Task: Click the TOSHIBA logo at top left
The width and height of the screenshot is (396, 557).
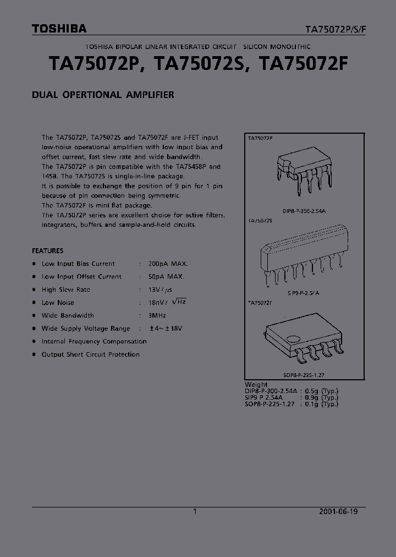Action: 59,29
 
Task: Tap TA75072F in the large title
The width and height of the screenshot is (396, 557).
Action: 303,65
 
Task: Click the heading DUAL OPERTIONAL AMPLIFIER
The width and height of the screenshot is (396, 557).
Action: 103,95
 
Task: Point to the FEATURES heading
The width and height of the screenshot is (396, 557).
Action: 47,250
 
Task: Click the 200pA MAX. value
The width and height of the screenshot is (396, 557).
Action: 167,264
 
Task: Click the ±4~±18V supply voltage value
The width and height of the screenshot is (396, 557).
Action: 166,329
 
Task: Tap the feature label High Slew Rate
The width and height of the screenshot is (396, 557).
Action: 65,290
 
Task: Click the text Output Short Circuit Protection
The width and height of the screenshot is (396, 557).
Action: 91,354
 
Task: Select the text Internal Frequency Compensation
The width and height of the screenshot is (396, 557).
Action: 94,341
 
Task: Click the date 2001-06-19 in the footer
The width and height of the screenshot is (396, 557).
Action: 338,511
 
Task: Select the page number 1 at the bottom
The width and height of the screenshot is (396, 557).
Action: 195,511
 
